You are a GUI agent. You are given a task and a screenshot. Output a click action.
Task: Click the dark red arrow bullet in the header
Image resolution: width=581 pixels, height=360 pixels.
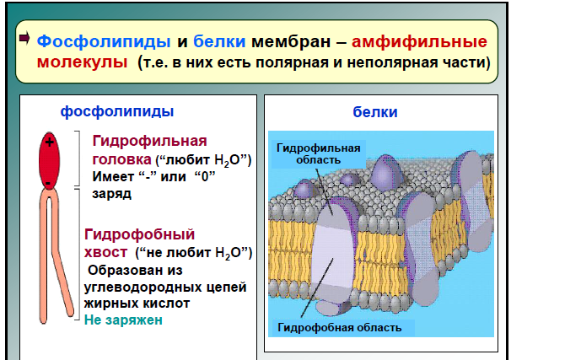pos(24,38)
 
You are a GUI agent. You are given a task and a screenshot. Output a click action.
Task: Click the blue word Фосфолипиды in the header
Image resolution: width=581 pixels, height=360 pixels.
pos(104,41)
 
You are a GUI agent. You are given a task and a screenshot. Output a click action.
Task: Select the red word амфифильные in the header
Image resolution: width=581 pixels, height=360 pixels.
pos(419,41)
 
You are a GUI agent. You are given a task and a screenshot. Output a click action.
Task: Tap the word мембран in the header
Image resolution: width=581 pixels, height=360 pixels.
pos(291,41)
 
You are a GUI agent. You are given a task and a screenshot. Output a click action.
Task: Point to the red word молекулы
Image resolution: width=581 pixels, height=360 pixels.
pos(83,62)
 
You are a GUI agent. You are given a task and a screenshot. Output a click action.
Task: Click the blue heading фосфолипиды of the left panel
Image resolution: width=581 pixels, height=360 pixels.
pos(117,111)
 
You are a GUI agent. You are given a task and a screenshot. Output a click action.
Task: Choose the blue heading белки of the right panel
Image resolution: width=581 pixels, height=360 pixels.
pos(375,111)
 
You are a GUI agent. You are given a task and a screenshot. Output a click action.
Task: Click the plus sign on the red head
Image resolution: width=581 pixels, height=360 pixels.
pos(49,142)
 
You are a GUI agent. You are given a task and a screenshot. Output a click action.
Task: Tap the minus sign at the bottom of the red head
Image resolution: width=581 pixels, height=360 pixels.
pos(48,183)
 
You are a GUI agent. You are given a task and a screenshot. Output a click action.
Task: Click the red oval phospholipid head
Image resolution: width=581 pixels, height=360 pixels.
pos(49,161)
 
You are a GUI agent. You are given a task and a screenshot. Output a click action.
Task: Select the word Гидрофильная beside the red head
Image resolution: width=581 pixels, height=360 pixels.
pos(150,141)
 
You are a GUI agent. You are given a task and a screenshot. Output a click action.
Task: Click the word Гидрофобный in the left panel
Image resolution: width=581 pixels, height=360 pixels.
pos(139,234)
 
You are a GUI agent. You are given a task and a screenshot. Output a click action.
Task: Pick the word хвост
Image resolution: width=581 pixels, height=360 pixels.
pos(105,252)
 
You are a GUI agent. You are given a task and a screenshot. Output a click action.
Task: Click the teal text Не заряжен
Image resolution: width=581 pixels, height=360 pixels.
pos(123,320)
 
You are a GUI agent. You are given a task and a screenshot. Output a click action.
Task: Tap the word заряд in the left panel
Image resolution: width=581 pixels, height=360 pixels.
pos(111,193)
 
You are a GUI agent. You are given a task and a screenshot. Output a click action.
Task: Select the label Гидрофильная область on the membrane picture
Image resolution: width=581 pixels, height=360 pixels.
pos(318,153)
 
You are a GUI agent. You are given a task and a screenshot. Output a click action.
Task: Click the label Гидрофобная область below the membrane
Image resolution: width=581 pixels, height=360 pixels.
pos(340,327)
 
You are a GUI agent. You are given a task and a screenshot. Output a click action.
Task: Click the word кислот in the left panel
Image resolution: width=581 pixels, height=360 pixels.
pos(165,304)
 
